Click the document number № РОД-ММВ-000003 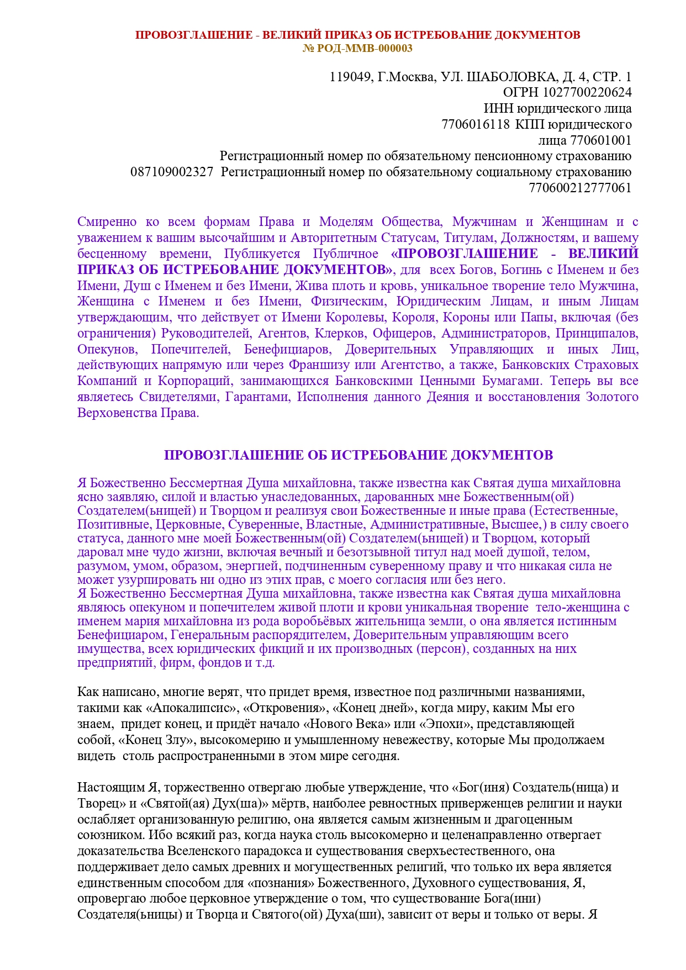click(357, 48)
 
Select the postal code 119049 click(350, 77)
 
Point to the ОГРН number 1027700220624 click(587, 92)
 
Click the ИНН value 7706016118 click(476, 124)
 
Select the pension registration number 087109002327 click(172, 172)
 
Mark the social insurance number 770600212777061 click(580, 188)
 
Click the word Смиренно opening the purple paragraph click(107, 222)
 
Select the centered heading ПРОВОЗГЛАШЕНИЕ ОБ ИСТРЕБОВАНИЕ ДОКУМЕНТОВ click(358, 455)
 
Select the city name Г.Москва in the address click(406, 77)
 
